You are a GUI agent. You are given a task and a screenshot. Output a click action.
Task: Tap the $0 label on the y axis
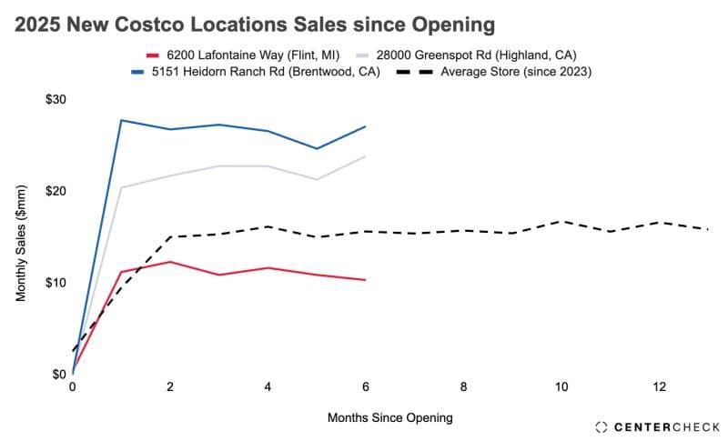tap(58, 374)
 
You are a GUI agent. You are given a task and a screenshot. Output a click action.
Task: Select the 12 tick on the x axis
tap(660, 386)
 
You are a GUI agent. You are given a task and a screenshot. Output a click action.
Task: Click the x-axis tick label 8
tap(464, 386)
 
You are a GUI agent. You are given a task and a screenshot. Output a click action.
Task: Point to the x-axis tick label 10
tap(561, 386)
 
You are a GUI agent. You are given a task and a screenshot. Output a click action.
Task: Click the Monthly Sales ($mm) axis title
tap(21, 243)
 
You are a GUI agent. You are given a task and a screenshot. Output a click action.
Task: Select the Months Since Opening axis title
tap(389, 418)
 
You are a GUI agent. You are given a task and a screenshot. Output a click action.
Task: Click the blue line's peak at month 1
tap(121, 120)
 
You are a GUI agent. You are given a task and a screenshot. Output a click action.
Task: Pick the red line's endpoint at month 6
tap(366, 280)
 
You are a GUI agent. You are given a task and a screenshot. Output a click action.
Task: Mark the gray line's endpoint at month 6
tap(366, 156)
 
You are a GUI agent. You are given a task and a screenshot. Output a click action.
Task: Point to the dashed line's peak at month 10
tap(561, 221)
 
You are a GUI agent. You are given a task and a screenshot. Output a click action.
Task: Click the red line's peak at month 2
tap(170, 262)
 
